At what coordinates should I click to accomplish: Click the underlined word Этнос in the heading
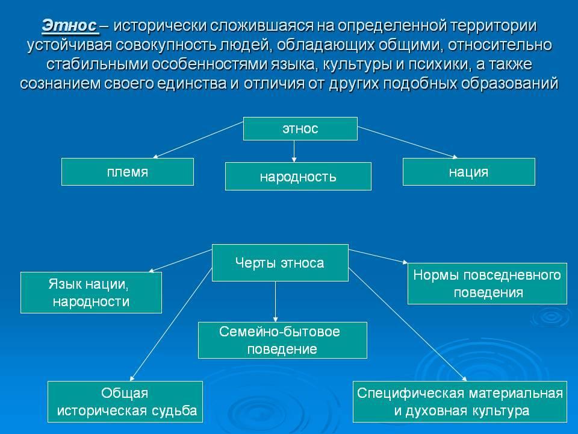69,27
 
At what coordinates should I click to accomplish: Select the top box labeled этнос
300,129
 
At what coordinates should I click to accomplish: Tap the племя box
128,172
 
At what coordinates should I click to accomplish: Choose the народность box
298,177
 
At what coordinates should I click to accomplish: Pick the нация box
469,172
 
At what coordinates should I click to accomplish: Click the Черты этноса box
280,263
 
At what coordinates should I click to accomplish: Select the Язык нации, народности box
91,293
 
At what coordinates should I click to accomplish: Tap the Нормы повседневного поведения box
487,283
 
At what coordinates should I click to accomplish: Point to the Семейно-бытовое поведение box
283,340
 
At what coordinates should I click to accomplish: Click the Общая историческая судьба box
125,401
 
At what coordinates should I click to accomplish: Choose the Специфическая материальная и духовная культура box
460,401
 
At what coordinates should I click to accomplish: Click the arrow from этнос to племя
198,140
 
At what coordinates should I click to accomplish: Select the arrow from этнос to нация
408,142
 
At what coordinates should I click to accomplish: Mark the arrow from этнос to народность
294,151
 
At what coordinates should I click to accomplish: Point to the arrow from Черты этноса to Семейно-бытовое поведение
275,302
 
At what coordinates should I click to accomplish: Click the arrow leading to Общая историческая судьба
171,324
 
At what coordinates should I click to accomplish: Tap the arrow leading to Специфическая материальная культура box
408,324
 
